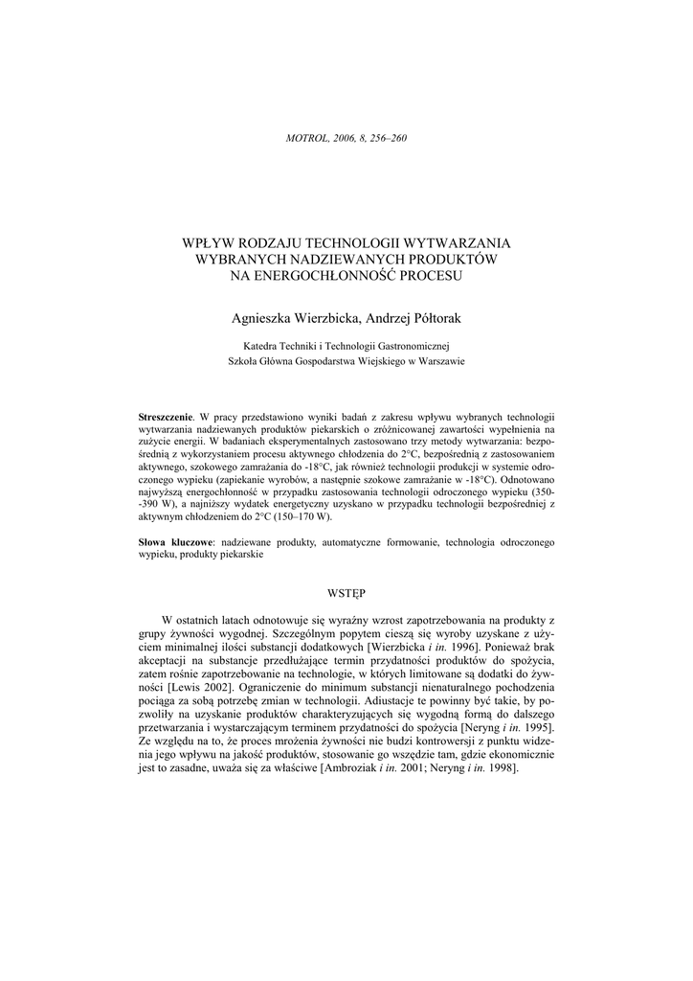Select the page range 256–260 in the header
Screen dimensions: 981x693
coord(388,138)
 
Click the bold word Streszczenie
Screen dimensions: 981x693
coord(166,419)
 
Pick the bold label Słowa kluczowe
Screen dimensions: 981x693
coord(176,543)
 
